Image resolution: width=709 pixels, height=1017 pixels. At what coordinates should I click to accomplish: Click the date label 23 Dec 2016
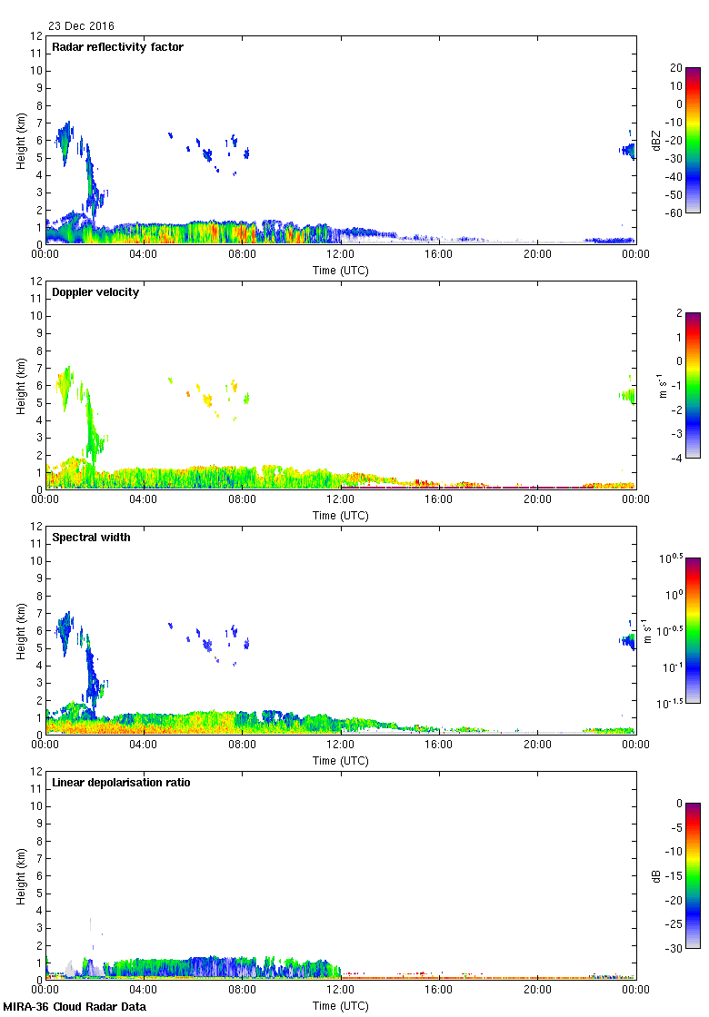(82, 26)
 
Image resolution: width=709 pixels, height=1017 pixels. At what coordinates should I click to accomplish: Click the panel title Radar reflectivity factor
(118, 47)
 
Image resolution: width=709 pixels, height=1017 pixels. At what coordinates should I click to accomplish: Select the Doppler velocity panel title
(95, 292)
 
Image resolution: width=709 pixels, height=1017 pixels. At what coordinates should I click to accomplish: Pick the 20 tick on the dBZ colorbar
(676, 68)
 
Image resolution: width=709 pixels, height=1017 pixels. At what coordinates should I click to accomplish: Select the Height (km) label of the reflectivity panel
(20, 141)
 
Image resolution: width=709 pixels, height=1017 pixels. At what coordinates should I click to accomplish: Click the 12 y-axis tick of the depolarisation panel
(37, 772)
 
